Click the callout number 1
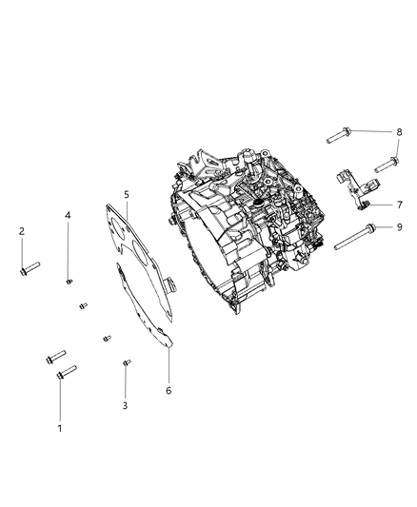(61, 429)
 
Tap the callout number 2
(22, 231)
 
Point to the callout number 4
(69, 215)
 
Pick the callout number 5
(126, 195)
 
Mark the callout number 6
(169, 390)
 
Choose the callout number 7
(400, 205)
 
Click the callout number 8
(400, 132)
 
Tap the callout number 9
(400, 227)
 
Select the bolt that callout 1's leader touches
(66, 372)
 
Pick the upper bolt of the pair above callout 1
(54, 358)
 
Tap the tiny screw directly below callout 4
(69, 281)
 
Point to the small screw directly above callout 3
(126, 362)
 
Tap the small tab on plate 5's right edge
(171, 284)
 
